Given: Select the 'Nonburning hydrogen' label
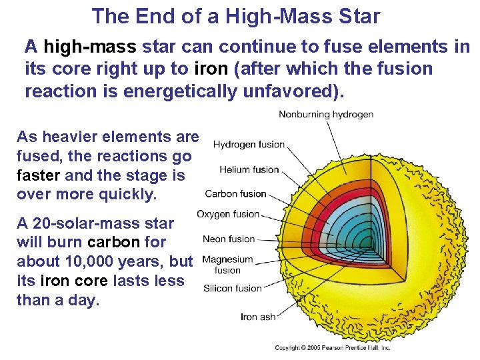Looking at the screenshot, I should pyautogui.click(x=326, y=114).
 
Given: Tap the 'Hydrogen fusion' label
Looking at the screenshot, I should pyautogui.click(x=249, y=144).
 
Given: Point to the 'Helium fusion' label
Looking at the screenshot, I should pyautogui.click(x=249, y=169).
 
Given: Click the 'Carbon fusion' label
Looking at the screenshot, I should pyautogui.click(x=235, y=194).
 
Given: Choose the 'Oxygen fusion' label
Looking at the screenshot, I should pyautogui.click(x=228, y=214).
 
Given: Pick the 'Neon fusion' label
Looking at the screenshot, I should pyautogui.click(x=229, y=239).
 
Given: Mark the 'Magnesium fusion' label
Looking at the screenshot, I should pyautogui.click(x=227, y=265).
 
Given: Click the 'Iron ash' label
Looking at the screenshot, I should pyautogui.click(x=257, y=317).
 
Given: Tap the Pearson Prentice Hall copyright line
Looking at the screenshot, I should pyautogui.click(x=333, y=347).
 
